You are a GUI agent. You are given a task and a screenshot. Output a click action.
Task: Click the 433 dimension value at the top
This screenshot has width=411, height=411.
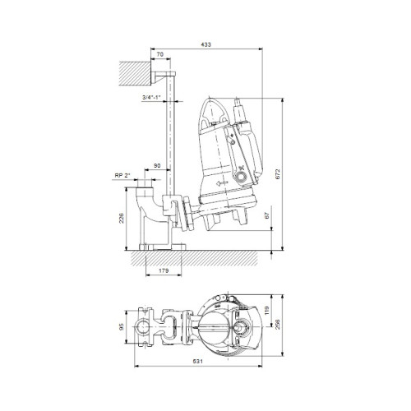[205, 44]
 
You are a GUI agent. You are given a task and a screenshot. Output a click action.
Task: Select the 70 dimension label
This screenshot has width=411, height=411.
[159, 54]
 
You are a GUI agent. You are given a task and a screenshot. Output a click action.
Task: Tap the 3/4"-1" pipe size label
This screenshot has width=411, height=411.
[151, 97]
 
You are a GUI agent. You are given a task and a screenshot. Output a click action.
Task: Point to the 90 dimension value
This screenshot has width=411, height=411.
[157, 165]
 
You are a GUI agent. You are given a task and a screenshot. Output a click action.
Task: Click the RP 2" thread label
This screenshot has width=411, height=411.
[122, 175]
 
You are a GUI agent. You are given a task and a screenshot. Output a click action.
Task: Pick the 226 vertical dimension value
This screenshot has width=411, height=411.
[122, 218]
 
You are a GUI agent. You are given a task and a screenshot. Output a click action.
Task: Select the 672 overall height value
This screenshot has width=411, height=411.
[278, 174]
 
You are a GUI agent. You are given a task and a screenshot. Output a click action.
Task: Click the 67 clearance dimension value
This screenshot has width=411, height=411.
[267, 215]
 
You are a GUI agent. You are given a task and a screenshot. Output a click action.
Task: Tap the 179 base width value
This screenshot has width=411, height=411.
[164, 270]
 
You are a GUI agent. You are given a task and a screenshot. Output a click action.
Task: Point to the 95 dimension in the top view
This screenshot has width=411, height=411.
[122, 326]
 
